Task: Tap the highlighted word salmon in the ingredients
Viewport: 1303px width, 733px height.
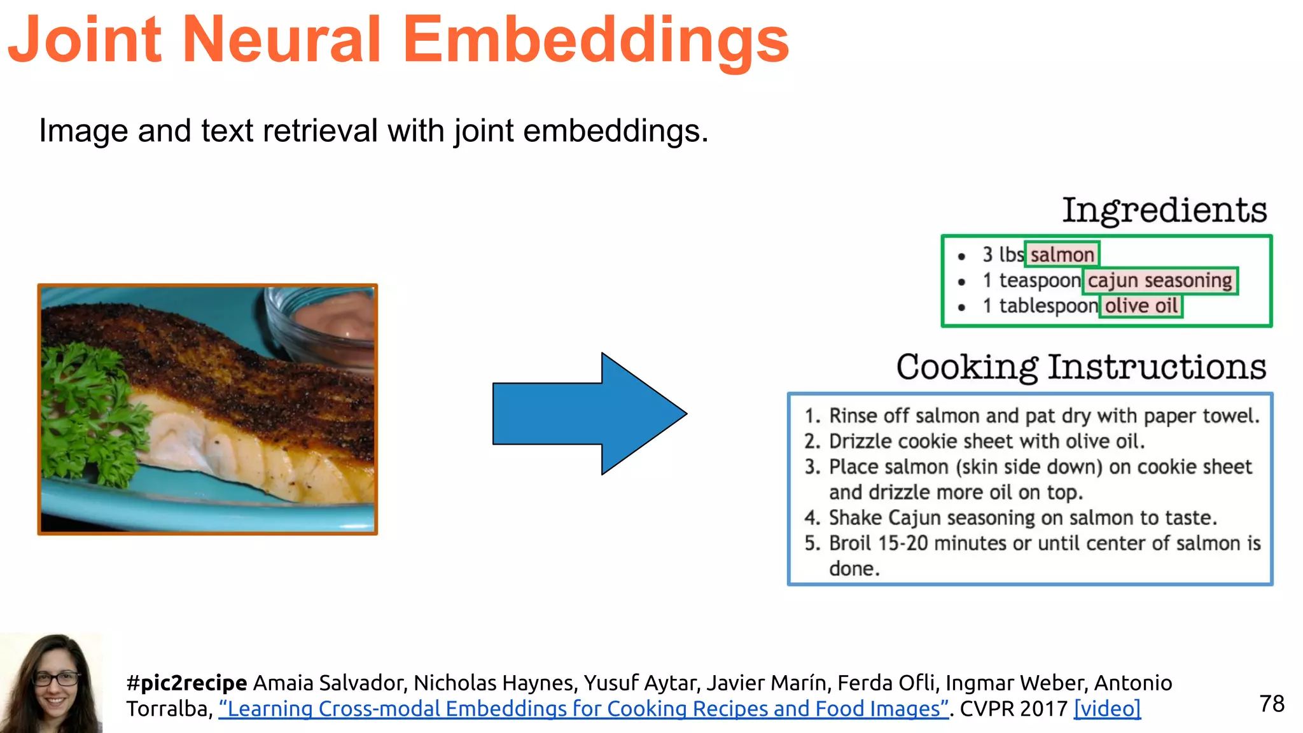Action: tap(1062, 255)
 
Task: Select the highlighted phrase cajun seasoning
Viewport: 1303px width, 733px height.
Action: tap(1159, 281)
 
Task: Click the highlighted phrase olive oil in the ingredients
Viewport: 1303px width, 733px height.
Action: tap(1141, 306)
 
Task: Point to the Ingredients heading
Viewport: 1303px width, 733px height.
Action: tap(1164, 211)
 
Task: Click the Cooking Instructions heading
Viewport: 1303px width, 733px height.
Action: tap(1081, 367)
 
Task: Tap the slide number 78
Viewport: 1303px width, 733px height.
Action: tap(1271, 704)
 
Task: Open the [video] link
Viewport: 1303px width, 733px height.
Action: tap(1107, 709)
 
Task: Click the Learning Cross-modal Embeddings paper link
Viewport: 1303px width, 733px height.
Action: tap(583, 709)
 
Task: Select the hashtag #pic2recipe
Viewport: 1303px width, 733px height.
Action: tap(186, 683)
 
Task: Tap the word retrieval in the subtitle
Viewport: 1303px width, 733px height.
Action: tap(320, 131)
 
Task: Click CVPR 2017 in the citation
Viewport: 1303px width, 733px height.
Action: tap(1013, 709)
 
